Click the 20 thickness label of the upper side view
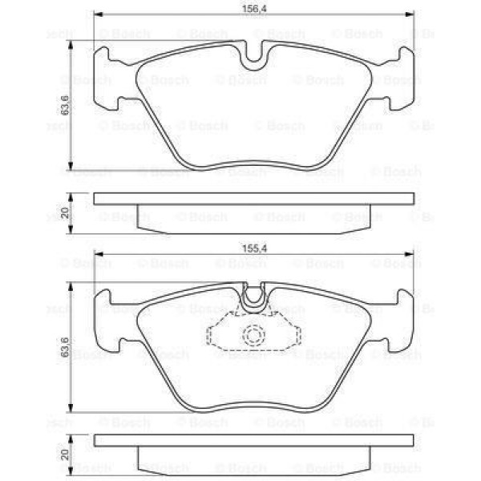(x=65, y=212)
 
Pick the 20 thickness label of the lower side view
(x=65, y=454)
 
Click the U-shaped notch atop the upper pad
(x=255, y=55)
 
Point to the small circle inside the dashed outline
(x=255, y=337)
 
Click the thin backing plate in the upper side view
(x=255, y=199)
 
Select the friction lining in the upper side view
(x=255, y=216)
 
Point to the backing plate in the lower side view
(x=255, y=440)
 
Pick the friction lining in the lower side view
(x=255, y=459)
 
